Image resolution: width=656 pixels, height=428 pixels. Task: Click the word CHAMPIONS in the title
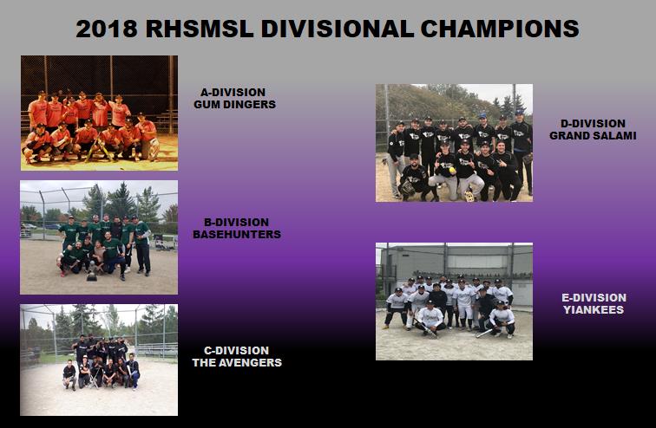coord(500,29)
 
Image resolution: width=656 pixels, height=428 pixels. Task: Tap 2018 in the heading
coord(107,29)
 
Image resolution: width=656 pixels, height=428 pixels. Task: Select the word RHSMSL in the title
coord(200,29)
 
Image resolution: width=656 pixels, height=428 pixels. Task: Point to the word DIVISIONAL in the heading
coord(338,29)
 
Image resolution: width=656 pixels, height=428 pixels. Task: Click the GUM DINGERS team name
coord(234,104)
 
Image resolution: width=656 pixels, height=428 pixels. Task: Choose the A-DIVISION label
coord(233,93)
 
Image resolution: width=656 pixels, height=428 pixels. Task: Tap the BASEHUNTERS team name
coord(237,234)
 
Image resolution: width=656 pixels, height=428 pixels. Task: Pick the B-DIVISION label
coord(236,222)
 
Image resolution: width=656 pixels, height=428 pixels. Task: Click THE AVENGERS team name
coord(237,362)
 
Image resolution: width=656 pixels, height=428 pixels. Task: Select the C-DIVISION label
coord(236,350)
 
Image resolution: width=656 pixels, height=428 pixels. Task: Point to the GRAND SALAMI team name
coord(593,136)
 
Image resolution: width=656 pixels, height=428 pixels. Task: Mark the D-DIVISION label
coord(593,124)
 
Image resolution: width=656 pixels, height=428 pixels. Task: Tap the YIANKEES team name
coord(594,310)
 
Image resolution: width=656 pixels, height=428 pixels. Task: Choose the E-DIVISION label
coord(594,298)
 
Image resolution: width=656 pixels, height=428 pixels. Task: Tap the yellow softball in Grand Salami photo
coord(452,171)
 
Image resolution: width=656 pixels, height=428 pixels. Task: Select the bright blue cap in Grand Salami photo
coord(482,116)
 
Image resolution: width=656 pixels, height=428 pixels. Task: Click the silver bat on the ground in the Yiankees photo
coord(483,334)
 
